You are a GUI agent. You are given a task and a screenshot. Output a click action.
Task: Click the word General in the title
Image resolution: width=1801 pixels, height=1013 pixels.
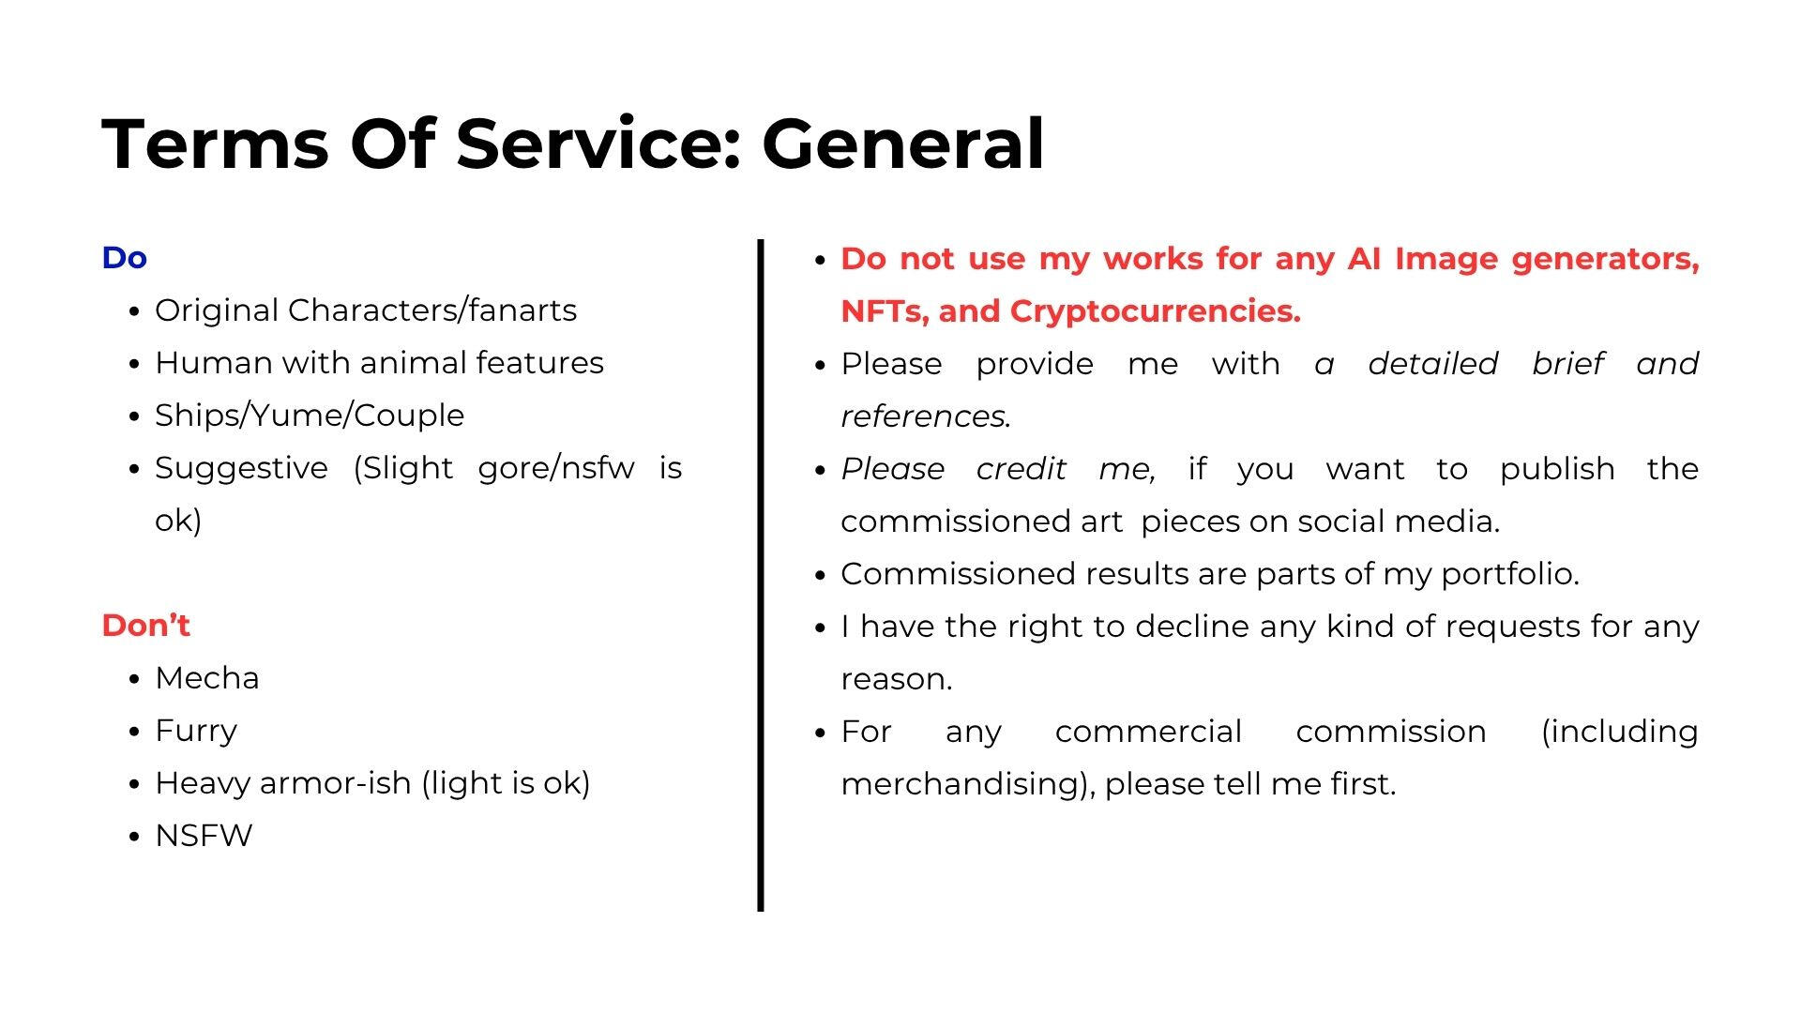pyautogui.click(x=902, y=144)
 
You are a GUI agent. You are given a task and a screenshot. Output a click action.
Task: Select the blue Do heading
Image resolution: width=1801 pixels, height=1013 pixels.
pyautogui.click(x=124, y=258)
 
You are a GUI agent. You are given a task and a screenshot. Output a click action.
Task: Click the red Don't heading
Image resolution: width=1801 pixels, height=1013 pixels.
pyautogui.click(x=145, y=626)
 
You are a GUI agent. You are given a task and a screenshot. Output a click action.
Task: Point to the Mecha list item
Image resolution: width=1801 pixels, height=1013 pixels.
pyautogui.click(x=206, y=678)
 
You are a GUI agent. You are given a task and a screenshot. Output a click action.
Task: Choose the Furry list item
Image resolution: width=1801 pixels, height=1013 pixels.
pyautogui.click(x=196, y=732)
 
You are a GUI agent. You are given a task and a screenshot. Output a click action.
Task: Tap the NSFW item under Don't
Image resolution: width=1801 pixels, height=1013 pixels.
pyautogui.click(x=204, y=836)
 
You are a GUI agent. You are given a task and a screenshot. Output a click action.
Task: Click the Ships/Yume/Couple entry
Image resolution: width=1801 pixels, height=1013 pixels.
pyautogui.click(x=310, y=416)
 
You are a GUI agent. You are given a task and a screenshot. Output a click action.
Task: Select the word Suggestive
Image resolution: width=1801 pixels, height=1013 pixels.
pyautogui.click(x=242, y=468)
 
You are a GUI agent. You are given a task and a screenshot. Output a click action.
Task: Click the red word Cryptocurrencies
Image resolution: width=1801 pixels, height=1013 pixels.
pyautogui.click(x=1156, y=311)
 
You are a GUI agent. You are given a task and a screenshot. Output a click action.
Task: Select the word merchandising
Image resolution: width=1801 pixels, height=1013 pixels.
pyautogui.click(x=968, y=784)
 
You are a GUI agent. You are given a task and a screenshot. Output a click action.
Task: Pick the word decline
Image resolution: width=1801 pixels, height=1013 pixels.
pyautogui.click(x=1192, y=626)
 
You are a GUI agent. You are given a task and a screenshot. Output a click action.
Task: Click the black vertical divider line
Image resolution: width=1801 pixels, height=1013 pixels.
pyautogui.click(x=761, y=575)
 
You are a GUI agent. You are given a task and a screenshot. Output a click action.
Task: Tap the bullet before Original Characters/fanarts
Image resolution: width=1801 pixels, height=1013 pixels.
pyautogui.click(x=136, y=311)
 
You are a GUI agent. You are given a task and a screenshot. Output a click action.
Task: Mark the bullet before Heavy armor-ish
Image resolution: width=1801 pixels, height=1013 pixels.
pyautogui.click(x=136, y=784)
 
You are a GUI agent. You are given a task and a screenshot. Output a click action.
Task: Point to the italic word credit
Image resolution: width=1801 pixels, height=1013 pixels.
pyautogui.click(x=1022, y=469)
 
